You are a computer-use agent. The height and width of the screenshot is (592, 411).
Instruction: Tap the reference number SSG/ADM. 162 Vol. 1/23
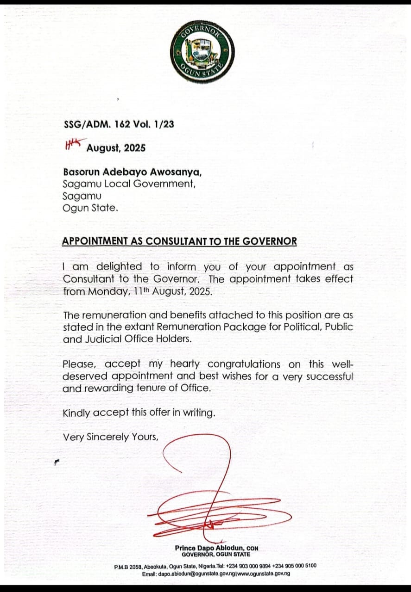[119, 124]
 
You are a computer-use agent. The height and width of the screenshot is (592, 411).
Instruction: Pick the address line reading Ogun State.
[90, 208]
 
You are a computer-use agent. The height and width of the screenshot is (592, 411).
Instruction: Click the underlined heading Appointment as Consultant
[180, 241]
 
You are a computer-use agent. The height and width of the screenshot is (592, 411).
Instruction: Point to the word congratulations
[244, 364]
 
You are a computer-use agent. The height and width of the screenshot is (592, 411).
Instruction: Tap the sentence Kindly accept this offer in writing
[139, 413]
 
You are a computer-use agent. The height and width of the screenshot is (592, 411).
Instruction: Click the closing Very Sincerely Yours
[111, 437]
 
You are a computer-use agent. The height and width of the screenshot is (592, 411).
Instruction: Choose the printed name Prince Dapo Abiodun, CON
[216, 548]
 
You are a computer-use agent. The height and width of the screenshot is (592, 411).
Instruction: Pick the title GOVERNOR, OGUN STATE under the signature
[215, 554]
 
